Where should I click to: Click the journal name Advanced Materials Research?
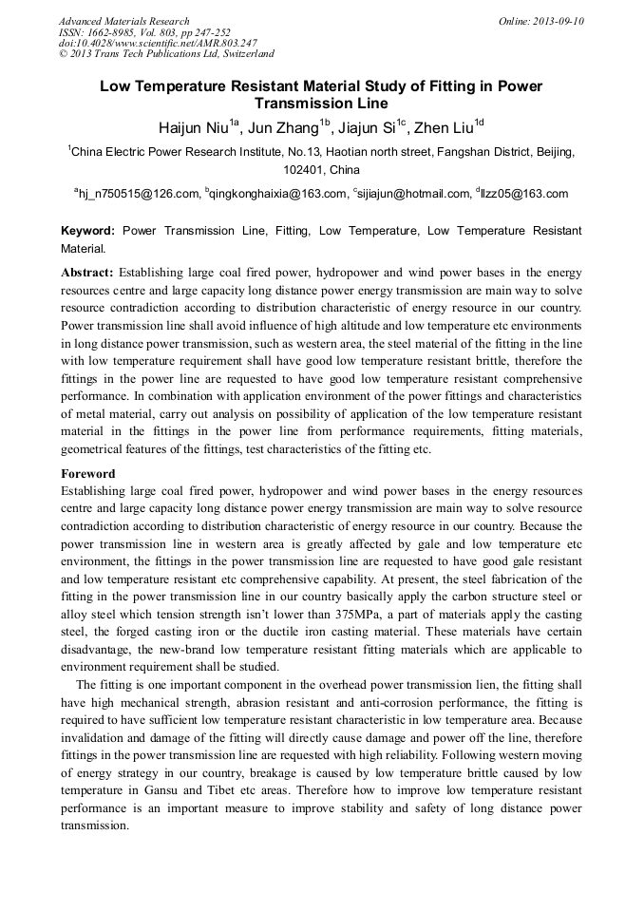pos(123,21)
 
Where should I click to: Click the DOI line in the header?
pos(158,44)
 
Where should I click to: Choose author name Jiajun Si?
pos(366,126)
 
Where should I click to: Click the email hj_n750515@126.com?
pos(138,194)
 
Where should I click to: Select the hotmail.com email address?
pos(414,194)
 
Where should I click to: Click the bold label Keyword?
pos(87,231)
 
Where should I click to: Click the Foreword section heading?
pos(88,473)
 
